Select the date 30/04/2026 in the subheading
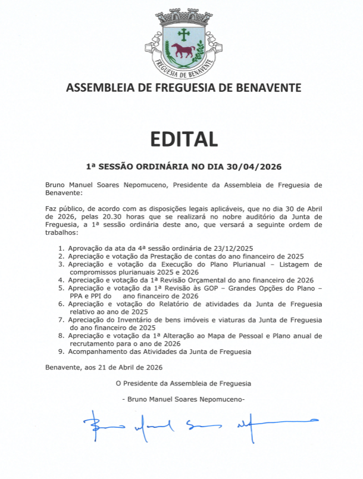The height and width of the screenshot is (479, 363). tap(252, 167)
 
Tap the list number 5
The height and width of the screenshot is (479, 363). tap(61, 288)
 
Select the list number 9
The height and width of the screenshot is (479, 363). tap(61, 352)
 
